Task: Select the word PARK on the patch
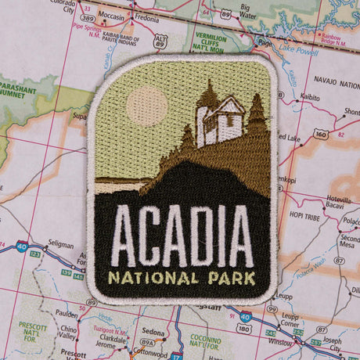(x=229, y=278)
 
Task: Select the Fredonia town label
(x=146, y=16)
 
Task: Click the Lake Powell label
(x=297, y=50)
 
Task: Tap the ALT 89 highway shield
(x=161, y=41)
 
